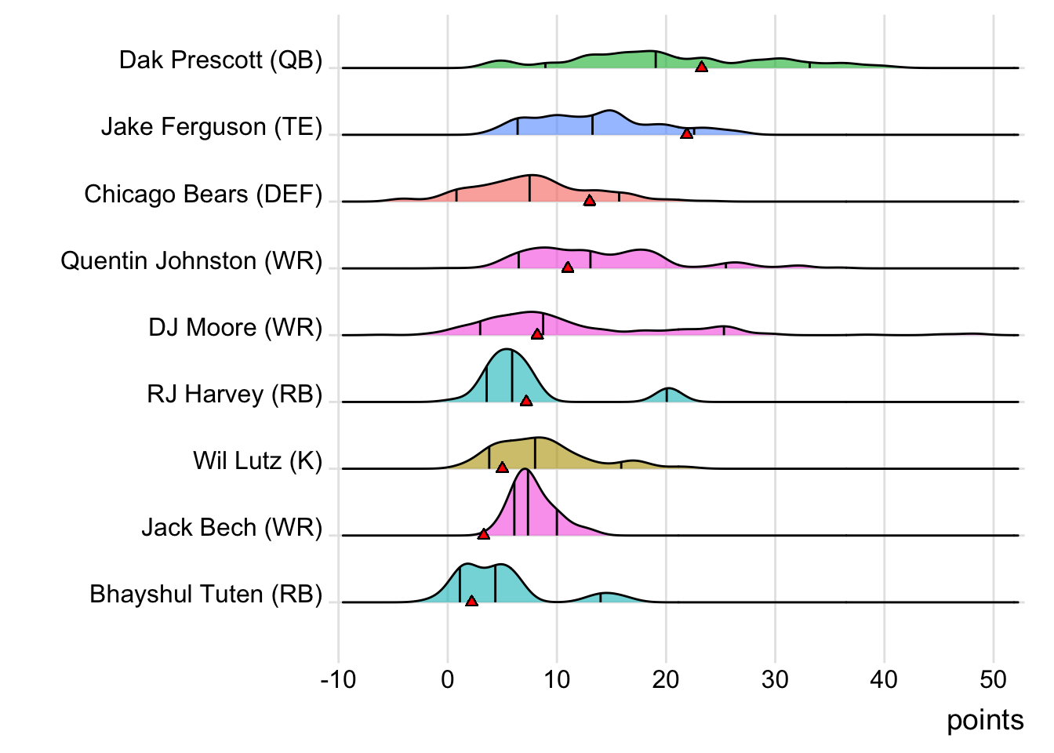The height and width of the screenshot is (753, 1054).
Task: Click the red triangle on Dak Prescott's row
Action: click(x=701, y=67)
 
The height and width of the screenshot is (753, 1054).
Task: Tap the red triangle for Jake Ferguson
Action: click(x=686, y=134)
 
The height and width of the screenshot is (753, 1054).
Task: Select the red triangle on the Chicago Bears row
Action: click(x=589, y=201)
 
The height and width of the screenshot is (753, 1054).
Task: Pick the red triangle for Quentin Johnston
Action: click(x=567, y=267)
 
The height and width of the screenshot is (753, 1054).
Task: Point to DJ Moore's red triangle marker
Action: click(x=536, y=334)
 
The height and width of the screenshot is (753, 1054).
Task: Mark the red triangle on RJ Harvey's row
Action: click(x=526, y=401)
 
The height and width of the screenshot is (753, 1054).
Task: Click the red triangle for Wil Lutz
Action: click(x=502, y=467)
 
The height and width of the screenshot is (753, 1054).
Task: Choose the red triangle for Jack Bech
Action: click(x=483, y=534)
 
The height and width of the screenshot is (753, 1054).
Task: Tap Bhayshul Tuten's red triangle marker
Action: click(x=471, y=601)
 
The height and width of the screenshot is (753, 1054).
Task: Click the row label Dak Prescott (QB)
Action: click(x=220, y=60)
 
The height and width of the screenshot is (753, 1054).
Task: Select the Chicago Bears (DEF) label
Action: click(x=203, y=194)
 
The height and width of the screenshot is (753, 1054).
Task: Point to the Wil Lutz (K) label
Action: click(x=257, y=460)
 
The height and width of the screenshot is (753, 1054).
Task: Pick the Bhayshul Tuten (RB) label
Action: click(x=205, y=595)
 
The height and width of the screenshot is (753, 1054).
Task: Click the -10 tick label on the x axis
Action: click(x=338, y=679)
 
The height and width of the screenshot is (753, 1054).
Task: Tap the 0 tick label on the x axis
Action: click(x=448, y=679)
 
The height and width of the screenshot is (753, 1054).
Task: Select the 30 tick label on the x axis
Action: click(x=775, y=679)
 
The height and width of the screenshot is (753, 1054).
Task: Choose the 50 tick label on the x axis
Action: click(x=993, y=679)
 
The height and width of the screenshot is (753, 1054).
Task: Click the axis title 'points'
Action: click(x=985, y=720)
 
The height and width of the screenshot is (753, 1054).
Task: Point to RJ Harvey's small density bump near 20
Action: click(x=667, y=395)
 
